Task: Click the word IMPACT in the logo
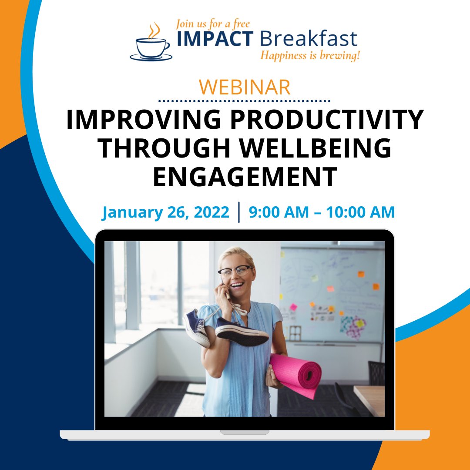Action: coord(215,39)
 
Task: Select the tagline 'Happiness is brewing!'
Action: coord(310,56)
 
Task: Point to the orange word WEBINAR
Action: coord(245,87)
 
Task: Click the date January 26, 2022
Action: coord(165,212)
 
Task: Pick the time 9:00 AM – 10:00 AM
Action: coord(322,212)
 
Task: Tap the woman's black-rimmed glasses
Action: coord(235,272)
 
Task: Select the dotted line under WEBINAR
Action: coord(245,101)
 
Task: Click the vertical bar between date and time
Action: coord(239,212)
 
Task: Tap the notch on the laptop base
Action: coord(245,432)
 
